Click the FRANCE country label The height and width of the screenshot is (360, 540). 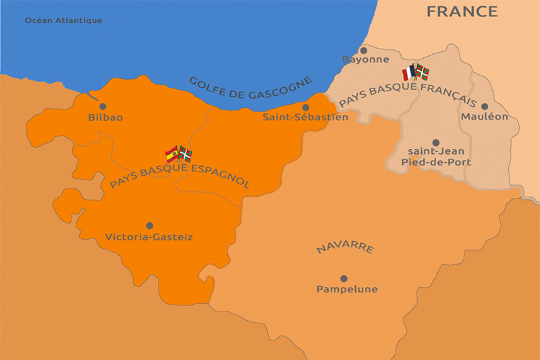462,11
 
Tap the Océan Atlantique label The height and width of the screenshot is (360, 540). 63,20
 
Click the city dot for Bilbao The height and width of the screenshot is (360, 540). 103,106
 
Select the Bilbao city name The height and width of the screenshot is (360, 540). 105,118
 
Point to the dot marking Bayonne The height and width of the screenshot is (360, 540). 364,49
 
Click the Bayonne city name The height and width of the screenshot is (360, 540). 366,59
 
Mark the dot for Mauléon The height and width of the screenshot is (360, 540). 484,106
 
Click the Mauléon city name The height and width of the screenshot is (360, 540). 484,117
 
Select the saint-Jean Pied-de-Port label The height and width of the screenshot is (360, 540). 435,157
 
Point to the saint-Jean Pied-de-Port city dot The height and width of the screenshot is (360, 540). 435,143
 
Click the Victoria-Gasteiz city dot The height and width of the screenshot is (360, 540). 149,226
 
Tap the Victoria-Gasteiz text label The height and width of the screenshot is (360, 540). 149,237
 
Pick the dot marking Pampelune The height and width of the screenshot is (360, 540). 344,278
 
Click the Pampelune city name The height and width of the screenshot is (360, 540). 347,289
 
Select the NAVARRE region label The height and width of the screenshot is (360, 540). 345,248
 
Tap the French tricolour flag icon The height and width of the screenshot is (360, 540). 410,72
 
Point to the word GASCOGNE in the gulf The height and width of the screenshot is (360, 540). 279,88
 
